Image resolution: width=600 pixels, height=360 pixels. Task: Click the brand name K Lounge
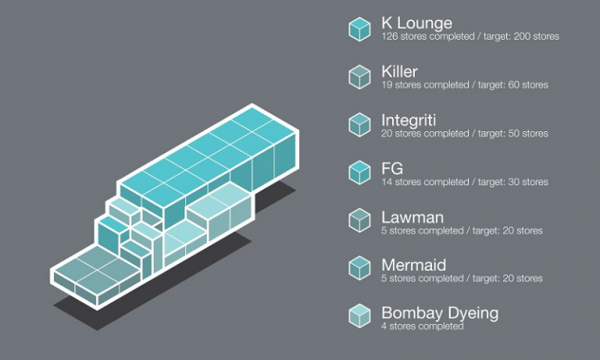(416, 22)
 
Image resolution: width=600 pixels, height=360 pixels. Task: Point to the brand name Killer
(399, 71)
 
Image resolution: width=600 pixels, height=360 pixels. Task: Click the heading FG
(392, 168)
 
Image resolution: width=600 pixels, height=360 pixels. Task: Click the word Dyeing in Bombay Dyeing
(472, 314)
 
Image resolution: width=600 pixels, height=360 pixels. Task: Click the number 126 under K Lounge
(389, 36)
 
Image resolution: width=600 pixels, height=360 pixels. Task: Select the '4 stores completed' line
(422, 326)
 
